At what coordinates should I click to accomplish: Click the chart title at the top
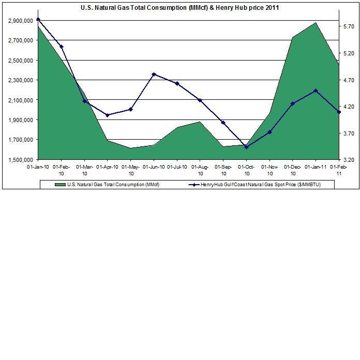181,8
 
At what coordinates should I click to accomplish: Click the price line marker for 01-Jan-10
38,19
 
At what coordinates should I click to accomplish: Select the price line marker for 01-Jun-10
154,74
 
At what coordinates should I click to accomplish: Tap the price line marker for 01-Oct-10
246,147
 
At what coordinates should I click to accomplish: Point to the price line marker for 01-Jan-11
316,91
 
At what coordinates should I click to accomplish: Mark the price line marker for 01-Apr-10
107,115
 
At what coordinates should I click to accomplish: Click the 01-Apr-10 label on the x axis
108,167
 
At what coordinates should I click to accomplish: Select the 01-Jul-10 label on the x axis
177,167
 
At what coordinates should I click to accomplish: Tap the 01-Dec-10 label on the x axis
293,170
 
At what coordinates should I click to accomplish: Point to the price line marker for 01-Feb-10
62,47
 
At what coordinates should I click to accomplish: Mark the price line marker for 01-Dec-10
292,104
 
